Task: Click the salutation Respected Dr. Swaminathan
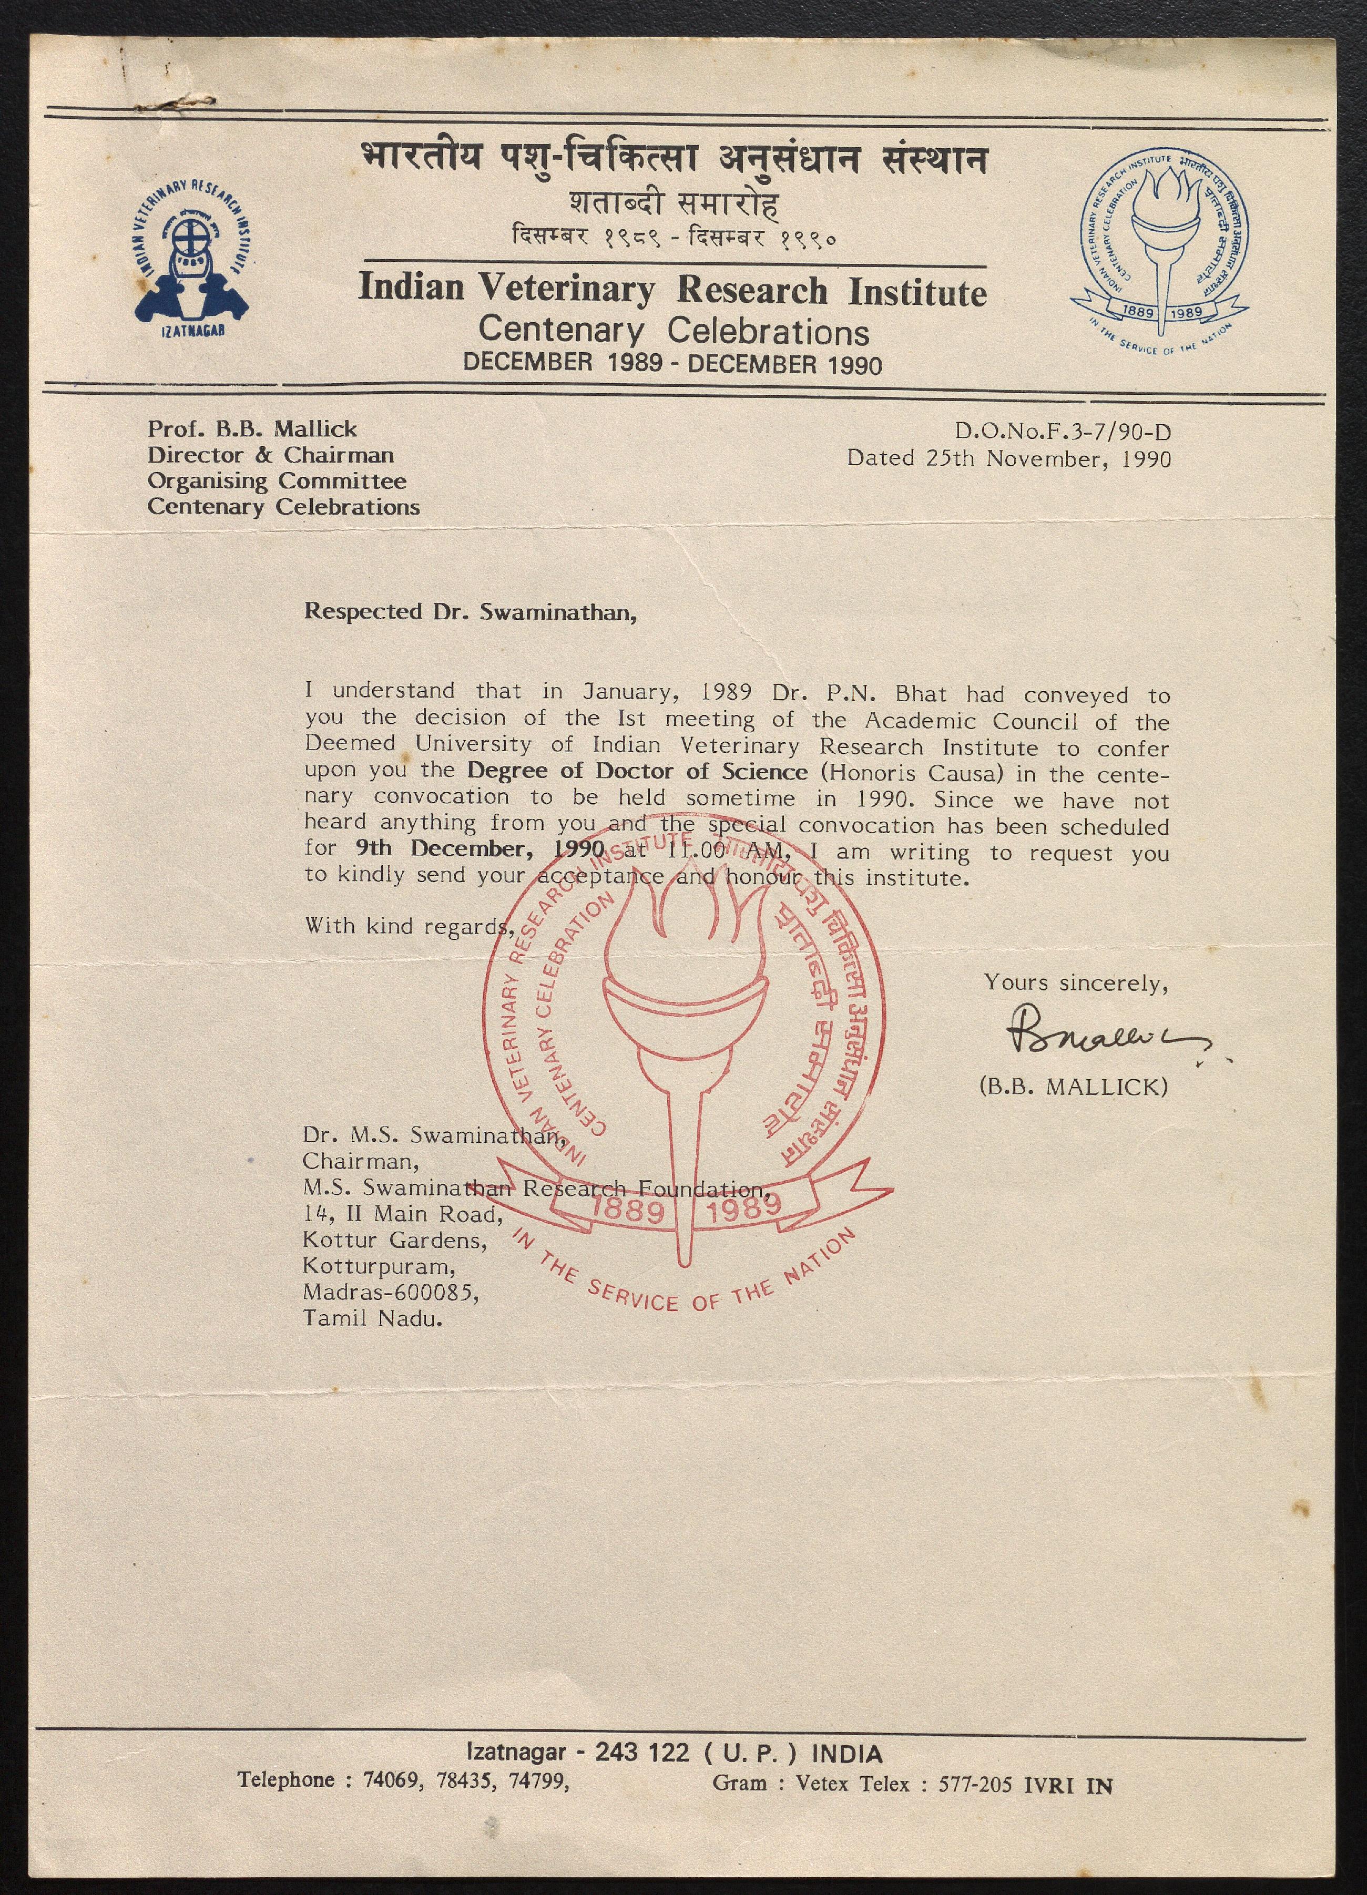[470, 612]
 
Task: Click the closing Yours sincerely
[1075, 982]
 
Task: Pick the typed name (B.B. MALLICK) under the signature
[1073, 1086]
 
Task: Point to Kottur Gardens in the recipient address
[394, 1240]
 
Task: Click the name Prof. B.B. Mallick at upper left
[252, 429]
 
